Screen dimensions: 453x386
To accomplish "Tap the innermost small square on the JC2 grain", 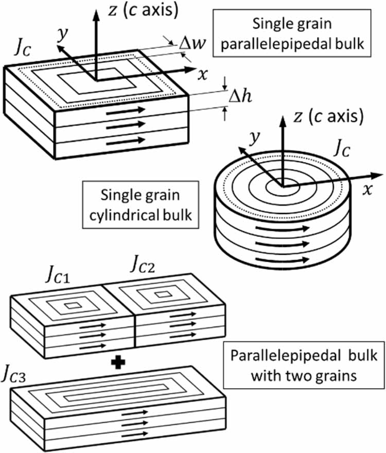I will pyautogui.click(x=164, y=294).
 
